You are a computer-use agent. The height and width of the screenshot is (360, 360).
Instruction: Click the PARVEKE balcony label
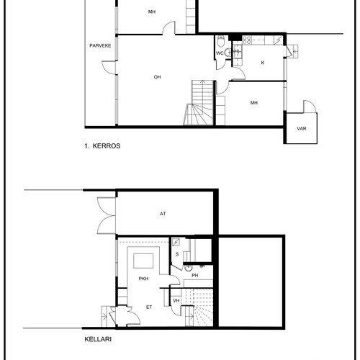100,45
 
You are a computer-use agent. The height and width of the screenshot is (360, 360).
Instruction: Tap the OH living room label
157,77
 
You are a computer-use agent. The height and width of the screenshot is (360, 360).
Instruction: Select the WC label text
220,53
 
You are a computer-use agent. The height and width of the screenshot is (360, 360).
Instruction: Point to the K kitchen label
263,63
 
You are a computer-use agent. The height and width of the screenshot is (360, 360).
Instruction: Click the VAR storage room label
302,129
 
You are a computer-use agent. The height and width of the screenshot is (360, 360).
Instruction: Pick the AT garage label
163,214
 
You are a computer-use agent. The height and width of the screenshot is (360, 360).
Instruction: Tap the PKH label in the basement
143,279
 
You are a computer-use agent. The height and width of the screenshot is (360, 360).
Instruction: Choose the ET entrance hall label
149,307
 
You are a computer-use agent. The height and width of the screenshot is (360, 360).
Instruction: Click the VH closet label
176,301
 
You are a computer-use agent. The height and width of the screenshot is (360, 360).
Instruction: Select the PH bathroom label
195,276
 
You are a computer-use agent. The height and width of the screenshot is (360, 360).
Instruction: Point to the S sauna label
177,254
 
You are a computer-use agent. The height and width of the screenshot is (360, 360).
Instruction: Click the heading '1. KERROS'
102,146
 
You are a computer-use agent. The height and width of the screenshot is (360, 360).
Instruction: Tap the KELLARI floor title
98,339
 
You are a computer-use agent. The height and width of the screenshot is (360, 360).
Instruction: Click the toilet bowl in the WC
220,42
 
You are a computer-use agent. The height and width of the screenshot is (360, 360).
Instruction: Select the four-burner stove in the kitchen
247,40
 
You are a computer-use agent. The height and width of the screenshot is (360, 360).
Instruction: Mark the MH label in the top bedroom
152,12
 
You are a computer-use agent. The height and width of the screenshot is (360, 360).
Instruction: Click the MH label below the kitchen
254,103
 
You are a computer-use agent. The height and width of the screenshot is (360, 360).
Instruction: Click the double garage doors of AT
107,215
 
